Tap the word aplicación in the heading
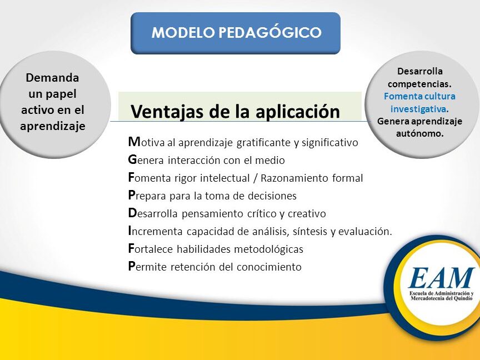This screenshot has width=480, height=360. (x=298, y=112)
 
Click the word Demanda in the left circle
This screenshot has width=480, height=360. (x=52, y=77)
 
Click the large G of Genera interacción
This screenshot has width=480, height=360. (x=132, y=159)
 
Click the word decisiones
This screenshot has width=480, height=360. (x=272, y=196)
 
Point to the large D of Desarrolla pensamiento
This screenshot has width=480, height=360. (x=132, y=213)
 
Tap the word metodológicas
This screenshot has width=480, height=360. (x=268, y=249)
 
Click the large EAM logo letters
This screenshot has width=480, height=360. (x=441, y=278)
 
